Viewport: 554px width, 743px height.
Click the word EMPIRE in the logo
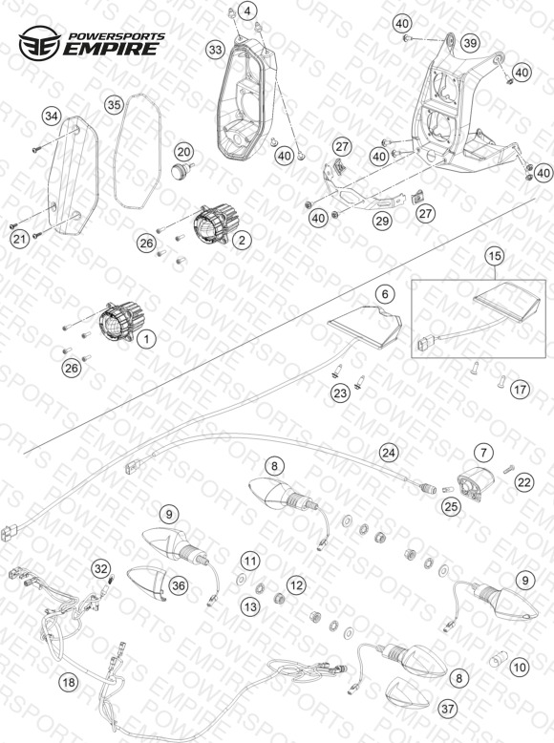(111, 49)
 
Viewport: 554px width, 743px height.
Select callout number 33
(215, 50)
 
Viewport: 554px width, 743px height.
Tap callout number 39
(470, 43)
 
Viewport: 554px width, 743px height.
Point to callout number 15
(494, 256)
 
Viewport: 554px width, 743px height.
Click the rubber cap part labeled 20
(181, 170)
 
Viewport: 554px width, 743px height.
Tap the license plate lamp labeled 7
(475, 482)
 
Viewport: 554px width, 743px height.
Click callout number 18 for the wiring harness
(69, 682)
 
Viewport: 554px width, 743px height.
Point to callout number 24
(389, 453)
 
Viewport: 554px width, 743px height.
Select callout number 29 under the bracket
(382, 221)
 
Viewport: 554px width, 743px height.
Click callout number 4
(248, 11)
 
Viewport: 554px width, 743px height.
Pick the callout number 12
(296, 585)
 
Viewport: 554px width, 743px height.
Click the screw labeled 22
(508, 468)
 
